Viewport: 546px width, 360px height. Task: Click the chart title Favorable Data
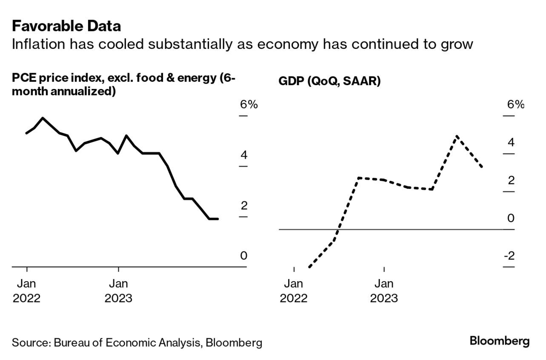[66, 26]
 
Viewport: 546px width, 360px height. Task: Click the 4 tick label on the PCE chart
[244, 155]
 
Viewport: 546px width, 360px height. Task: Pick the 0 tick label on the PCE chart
[243, 256]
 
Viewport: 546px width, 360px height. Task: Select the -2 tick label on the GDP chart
[509, 256]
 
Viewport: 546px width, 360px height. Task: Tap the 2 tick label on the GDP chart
[511, 180]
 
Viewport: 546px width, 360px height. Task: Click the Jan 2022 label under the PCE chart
[27, 291]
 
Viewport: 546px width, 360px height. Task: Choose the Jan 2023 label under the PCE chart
[118, 291]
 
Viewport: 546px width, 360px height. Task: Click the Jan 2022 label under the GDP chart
[294, 291]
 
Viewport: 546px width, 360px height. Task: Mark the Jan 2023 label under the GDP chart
[384, 291]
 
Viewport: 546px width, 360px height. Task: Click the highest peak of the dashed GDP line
[456, 136]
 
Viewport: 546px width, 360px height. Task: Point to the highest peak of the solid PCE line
[43, 118]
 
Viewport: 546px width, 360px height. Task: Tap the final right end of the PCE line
[218, 219]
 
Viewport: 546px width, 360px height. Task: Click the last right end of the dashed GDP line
[482, 167]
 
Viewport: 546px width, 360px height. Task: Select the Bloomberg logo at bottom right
[500, 341]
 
